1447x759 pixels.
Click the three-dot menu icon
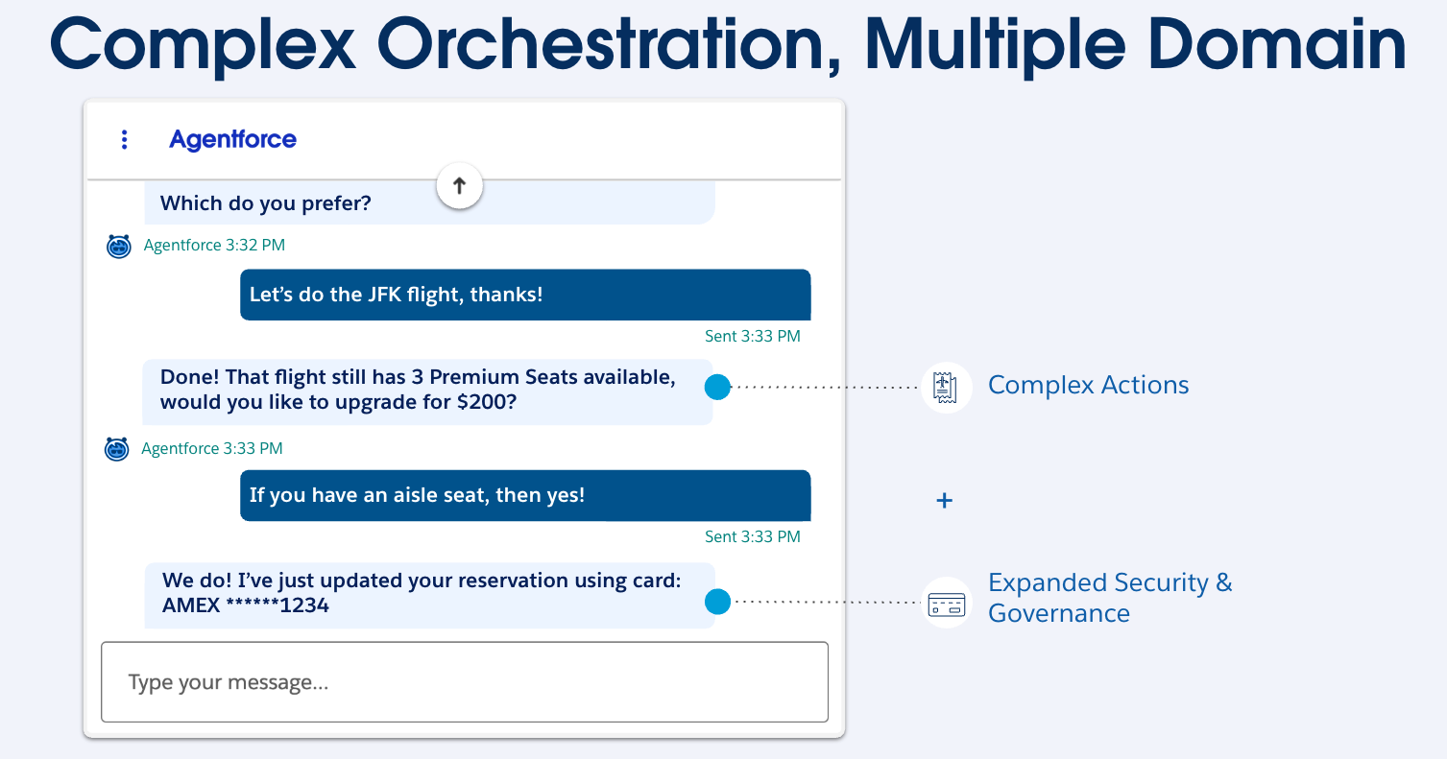(124, 140)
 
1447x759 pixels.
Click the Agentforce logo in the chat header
(232, 140)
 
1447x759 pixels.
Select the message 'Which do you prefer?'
(265, 203)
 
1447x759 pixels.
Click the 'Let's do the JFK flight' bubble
(524, 295)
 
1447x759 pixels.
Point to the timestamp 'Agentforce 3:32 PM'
(214, 246)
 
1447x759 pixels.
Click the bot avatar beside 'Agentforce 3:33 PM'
(117, 448)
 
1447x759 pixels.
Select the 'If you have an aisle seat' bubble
(524, 495)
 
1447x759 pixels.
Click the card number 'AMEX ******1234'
(246, 605)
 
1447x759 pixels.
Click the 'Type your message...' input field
(464, 682)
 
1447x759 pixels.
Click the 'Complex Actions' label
(1088, 386)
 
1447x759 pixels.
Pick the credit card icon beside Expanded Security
(946, 605)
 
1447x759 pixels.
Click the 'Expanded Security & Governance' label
(1109, 598)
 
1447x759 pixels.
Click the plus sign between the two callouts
(945, 501)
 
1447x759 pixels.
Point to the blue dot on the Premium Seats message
(717, 388)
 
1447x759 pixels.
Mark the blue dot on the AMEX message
(717, 602)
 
